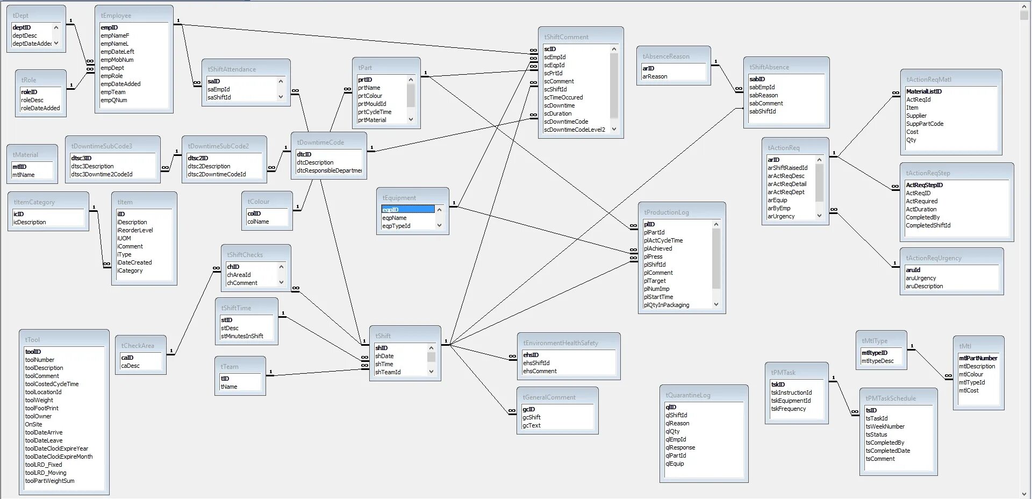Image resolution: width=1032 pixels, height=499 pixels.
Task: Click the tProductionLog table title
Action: pos(666,212)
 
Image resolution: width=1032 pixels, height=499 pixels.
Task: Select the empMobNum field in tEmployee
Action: pos(117,60)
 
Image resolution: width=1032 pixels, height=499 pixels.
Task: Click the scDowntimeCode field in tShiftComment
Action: pos(565,122)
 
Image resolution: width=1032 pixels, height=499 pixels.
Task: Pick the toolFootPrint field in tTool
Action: pos(41,408)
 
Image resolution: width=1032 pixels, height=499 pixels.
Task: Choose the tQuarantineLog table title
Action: pos(687,395)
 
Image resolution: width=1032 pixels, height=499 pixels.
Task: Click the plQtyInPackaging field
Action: pos(666,305)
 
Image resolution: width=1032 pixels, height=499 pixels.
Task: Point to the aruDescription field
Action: pos(924,286)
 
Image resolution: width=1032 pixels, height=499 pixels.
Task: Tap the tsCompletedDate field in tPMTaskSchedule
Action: pos(887,451)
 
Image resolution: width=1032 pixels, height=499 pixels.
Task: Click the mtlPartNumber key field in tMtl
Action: pos(978,358)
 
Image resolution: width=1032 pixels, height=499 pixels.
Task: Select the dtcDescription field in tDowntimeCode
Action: pos(315,162)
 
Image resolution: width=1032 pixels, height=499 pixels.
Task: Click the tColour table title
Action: pos(258,202)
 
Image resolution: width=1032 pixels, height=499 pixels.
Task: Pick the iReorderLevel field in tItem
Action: pos(135,230)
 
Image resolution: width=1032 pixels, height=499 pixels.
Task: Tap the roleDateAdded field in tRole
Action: pos(40,108)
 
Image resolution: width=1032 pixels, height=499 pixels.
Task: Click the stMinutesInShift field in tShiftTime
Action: pos(242,336)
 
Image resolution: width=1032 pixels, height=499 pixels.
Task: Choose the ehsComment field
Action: pos(540,371)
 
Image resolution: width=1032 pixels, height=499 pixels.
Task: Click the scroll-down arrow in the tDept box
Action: pos(56,44)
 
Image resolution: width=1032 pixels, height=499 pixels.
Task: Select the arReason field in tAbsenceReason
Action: pos(655,76)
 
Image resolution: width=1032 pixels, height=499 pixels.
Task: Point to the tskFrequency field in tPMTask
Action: pos(788,409)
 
